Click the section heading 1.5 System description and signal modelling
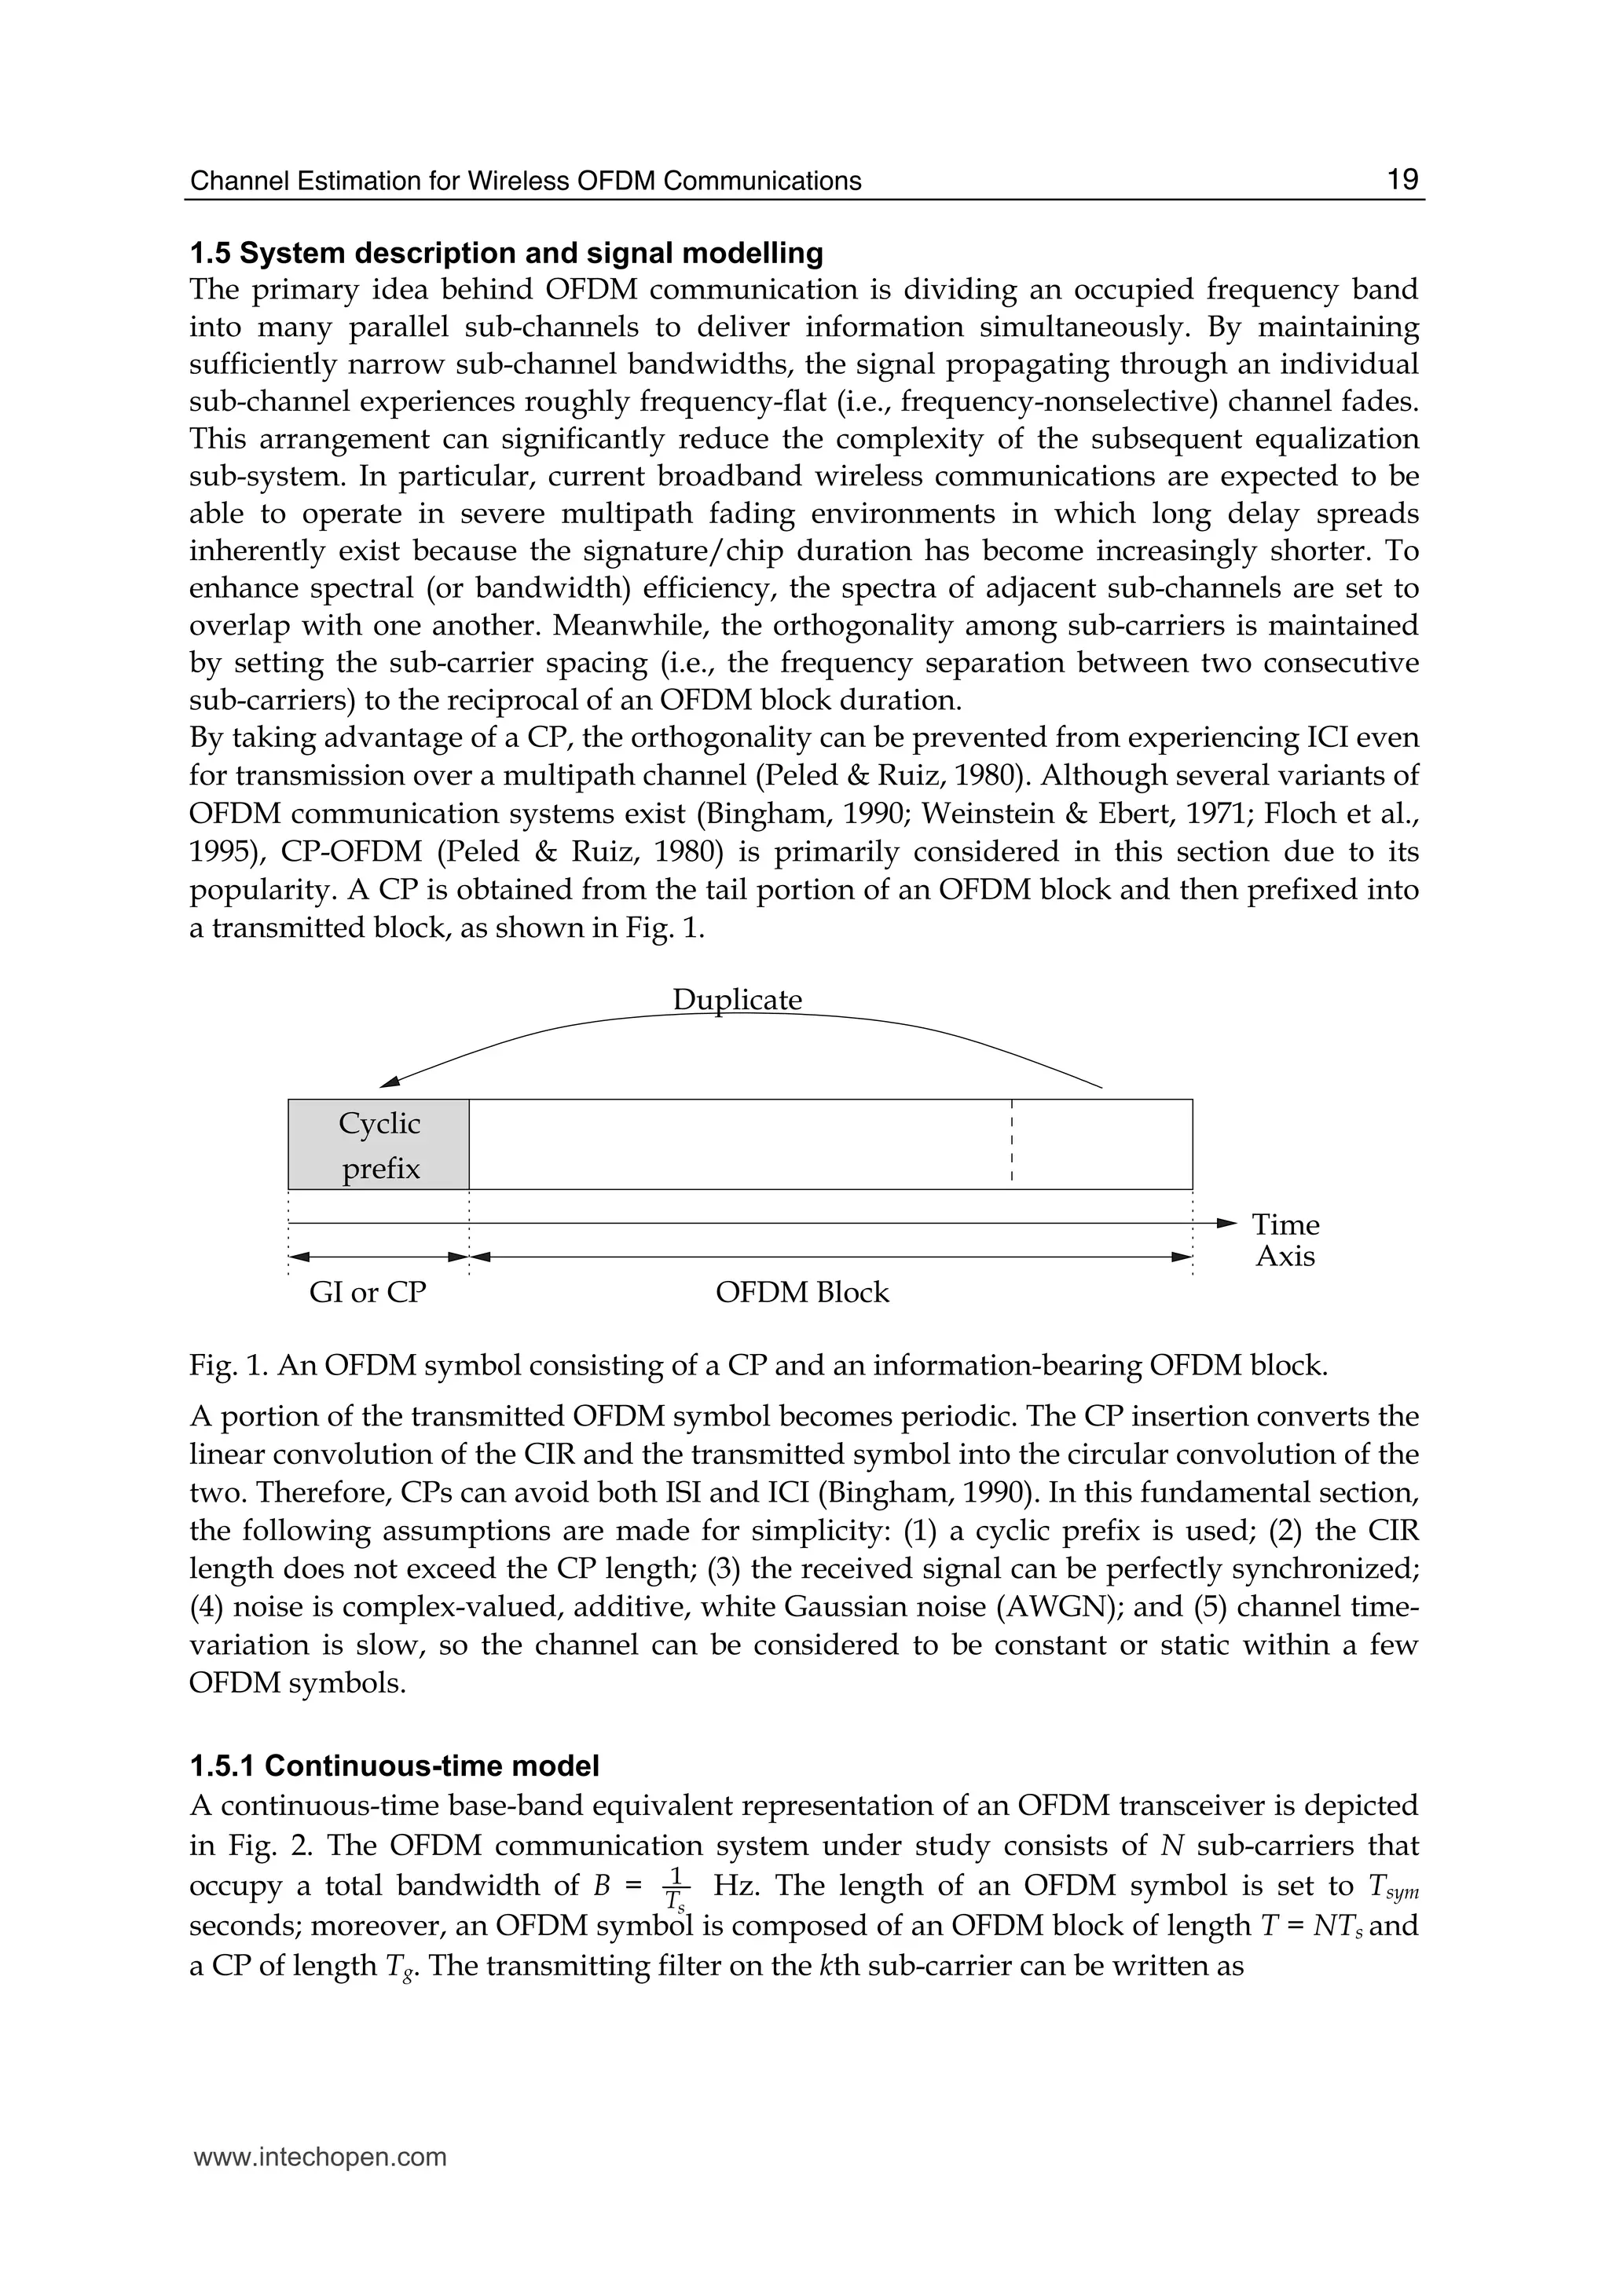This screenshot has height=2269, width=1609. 506,254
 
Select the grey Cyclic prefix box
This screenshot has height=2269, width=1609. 379,1145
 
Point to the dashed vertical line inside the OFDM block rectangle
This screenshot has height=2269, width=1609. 1012,1141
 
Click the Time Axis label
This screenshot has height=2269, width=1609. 1285,1241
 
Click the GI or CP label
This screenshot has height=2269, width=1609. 368,1293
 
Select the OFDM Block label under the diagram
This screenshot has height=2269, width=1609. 801,1293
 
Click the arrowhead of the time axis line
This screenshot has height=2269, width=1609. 1226,1224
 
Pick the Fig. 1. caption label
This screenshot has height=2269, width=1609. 229,1366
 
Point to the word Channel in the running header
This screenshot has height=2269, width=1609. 232,181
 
